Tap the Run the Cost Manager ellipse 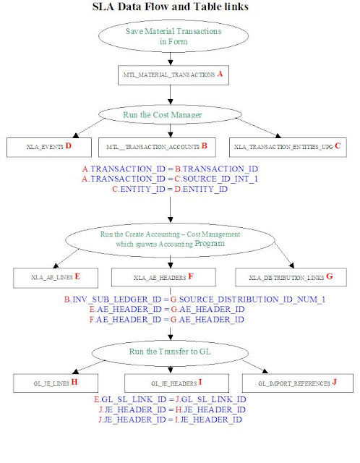170,114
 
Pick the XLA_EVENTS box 48,147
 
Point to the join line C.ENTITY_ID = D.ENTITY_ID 170,189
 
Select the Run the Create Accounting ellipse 170,239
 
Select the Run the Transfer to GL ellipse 170,351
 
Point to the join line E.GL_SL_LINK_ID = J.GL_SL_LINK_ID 170,399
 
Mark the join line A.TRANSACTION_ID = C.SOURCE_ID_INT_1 170,179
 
